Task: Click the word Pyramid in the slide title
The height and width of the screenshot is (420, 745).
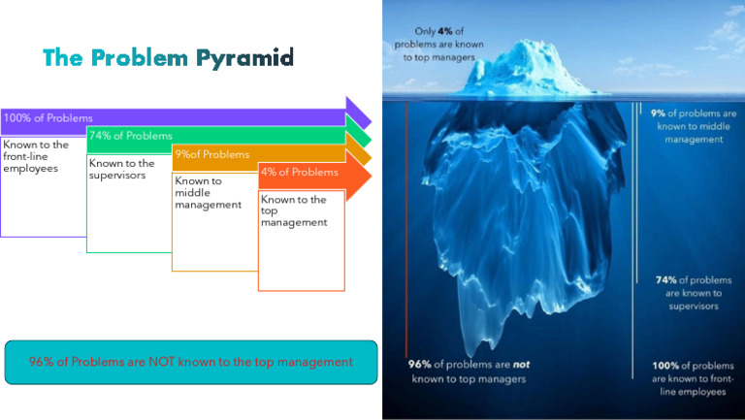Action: point(244,58)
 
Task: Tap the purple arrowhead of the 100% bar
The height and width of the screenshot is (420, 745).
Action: point(358,112)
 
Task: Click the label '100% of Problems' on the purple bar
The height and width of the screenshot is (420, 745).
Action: point(49,118)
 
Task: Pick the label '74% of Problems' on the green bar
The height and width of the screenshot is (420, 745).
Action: point(130,136)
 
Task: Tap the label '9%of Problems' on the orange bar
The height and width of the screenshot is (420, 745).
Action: point(211,154)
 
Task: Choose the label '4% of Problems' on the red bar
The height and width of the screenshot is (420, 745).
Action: point(300,173)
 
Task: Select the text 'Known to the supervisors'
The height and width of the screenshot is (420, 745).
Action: point(122,169)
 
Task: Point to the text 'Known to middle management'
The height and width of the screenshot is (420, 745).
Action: point(208,192)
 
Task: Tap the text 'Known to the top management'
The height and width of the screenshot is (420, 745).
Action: point(294,210)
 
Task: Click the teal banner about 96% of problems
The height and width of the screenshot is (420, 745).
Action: point(190,362)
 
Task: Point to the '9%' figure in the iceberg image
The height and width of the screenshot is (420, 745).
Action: point(657,113)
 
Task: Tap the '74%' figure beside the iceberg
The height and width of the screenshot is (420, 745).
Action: point(665,280)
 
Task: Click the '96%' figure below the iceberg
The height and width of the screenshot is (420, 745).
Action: point(419,365)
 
